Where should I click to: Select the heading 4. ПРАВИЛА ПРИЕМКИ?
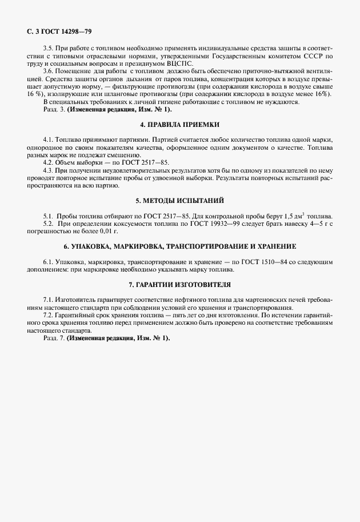click(x=179, y=125)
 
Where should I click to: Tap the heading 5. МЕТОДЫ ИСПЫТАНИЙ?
click(x=179, y=201)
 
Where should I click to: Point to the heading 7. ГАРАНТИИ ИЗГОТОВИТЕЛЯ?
click(x=179, y=284)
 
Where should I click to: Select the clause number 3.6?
click(x=50, y=70)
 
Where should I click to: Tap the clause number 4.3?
click(x=49, y=170)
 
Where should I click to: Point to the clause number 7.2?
click(x=49, y=315)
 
